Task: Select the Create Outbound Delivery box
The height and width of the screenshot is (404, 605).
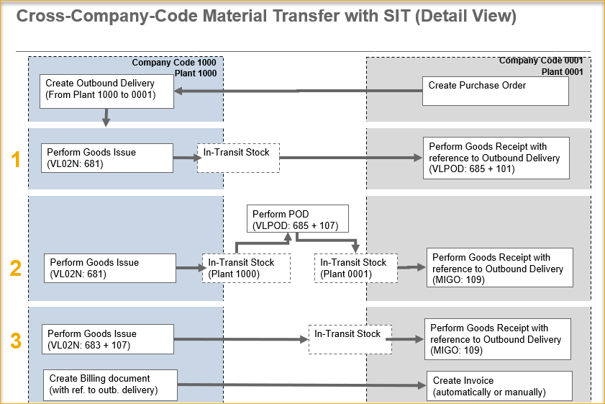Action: tap(106, 90)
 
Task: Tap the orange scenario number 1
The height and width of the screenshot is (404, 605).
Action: tap(16, 159)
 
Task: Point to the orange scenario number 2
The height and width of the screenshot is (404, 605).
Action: tap(16, 268)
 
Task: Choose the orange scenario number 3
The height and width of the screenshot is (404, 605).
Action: tap(16, 340)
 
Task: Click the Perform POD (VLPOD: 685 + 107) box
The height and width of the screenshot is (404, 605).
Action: tap(298, 219)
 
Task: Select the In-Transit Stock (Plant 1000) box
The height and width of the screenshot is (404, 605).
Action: tap(246, 268)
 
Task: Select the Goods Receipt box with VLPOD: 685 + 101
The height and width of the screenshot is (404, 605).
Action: tap(496, 158)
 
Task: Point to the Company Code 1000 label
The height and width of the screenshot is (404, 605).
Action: tap(173, 63)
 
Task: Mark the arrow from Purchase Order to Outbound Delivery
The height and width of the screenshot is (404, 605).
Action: tap(298, 91)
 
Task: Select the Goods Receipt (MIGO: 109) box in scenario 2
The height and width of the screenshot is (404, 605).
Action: tap(500, 267)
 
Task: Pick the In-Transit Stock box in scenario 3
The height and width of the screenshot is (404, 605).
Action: tap(350, 338)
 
